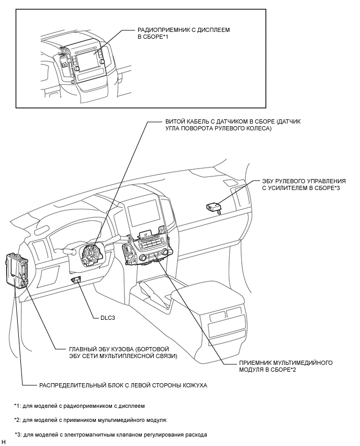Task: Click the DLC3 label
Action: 108,318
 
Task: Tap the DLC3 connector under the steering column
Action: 76,280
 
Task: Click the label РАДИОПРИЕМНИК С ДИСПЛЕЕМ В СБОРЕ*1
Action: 184,33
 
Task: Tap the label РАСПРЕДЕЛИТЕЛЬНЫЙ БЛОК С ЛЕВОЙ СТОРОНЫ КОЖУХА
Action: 123,385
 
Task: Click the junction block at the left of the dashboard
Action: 17,270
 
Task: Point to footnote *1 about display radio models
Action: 80,406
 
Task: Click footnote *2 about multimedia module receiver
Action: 91,420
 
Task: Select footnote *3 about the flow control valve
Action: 111,434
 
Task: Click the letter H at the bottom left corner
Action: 4,442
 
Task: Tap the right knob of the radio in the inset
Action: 102,62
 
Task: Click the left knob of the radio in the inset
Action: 76,69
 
